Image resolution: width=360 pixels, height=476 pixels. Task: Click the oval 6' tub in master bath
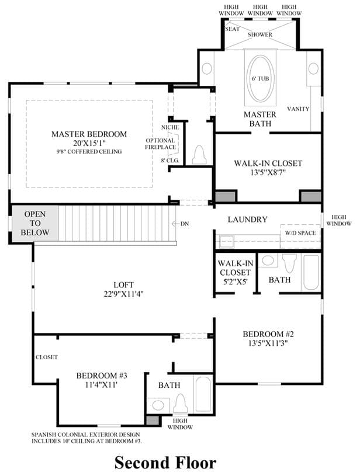[x=260, y=78]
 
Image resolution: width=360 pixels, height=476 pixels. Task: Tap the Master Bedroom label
[x=89, y=134]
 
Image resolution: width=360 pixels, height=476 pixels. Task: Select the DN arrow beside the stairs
[x=176, y=224]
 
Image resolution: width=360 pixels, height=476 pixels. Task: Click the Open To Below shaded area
[x=34, y=223]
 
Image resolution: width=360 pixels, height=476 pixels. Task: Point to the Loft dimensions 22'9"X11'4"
[x=123, y=294]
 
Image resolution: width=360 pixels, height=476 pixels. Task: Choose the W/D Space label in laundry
[x=300, y=233]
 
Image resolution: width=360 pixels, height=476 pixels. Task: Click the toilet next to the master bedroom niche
[x=199, y=155]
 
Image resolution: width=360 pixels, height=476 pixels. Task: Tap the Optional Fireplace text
[x=160, y=144]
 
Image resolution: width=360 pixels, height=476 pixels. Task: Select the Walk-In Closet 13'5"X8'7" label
[x=268, y=168]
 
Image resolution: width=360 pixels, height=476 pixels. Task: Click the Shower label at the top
[x=259, y=34]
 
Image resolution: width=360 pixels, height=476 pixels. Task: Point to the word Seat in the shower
[x=232, y=29]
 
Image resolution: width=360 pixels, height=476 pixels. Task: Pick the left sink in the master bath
[x=206, y=68]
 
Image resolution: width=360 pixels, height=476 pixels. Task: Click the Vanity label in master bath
[x=298, y=109]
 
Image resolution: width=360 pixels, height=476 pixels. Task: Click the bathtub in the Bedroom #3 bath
[x=203, y=394]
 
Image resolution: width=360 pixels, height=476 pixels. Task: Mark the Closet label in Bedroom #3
[x=47, y=357]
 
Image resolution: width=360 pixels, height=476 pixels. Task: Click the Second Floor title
[x=165, y=463]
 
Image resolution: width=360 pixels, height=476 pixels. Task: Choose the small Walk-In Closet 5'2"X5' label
[x=235, y=272]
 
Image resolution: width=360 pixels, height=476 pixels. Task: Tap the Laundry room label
[x=248, y=219]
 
